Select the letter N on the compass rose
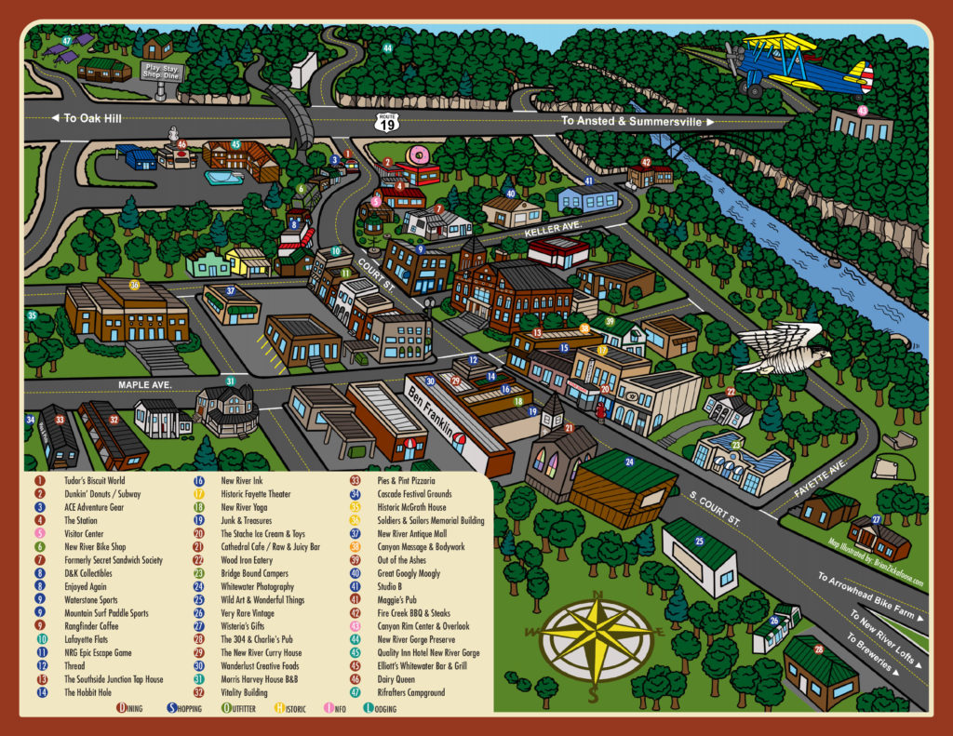[x=597, y=595]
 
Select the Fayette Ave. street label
[x=818, y=480]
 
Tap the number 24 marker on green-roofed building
[x=629, y=462]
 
